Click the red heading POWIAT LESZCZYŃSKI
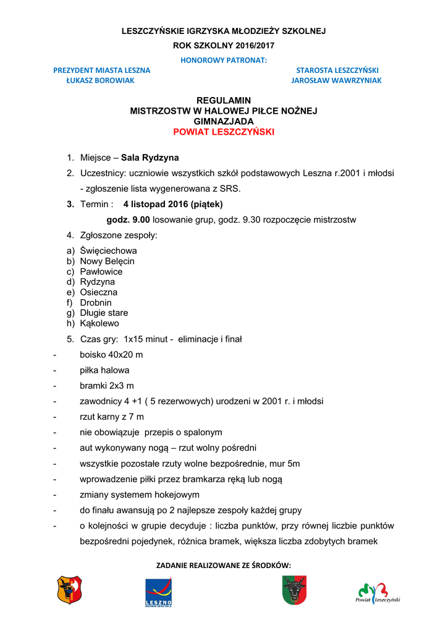(x=224, y=132)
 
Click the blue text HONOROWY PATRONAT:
(x=224, y=60)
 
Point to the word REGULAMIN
(x=224, y=100)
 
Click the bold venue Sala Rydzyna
(x=150, y=158)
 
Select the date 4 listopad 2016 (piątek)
(x=172, y=204)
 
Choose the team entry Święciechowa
(x=108, y=251)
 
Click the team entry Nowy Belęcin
(x=107, y=261)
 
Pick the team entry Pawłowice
(x=101, y=271)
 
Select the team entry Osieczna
(x=99, y=292)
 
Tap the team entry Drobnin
(x=96, y=303)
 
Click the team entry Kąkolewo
(x=99, y=323)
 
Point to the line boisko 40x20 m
(x=111, y=355)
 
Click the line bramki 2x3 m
(x=107, y=386)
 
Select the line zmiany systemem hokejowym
(x=140, y=495)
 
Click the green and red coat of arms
(x=294, y=590)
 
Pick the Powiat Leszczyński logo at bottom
(x=378, y=592)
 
